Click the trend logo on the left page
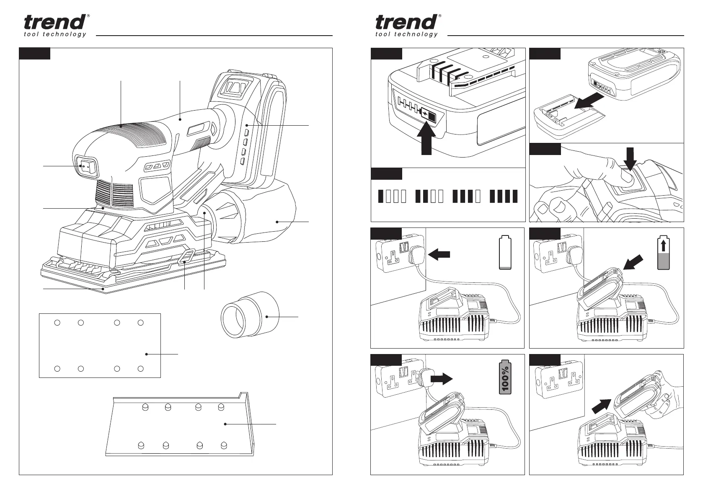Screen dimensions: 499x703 (56, 26)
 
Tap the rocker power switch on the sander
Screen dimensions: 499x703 (86, 166)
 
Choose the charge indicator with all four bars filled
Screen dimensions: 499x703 (504, 196)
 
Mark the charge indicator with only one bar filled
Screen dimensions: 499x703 (393, 196)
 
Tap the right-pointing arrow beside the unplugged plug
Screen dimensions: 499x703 (441, 379)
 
